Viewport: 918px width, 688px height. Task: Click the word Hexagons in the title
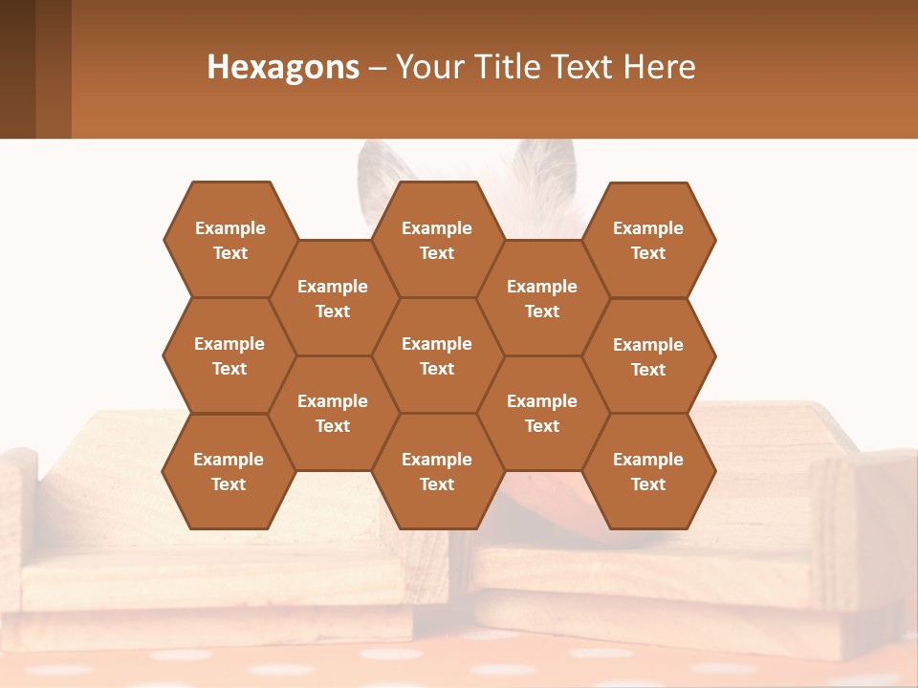pyautogui.click(x=283, y=67)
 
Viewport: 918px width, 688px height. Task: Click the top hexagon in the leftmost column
pyautogui.click(x=229, y=240)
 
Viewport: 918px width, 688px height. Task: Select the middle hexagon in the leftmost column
pyautogui.click(x=229, y=355)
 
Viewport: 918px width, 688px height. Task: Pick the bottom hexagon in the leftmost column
pyautogui.click(x=229, y=471)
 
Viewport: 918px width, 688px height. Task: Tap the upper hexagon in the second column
pyautogui.click(x=333, y=298)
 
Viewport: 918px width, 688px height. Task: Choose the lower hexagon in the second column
pyautogui.click(x=333, y=413)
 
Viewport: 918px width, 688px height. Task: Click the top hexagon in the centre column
pyautogui.click(x=437, y=240)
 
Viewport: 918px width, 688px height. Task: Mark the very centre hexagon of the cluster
pyautogui.click(x=437, y=355)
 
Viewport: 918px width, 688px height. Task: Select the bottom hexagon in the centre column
pyautogui.click(x=437, y=471)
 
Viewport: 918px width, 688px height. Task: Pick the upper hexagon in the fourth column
pyautogui.click(x=542, y=298)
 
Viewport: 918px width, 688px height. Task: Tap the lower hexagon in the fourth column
pyautogui.click(x=542, y=413)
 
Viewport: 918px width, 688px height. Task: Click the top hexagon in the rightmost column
pyautogui.click(x=648, y=240)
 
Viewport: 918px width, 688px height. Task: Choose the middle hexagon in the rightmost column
pyautogui.click(x=648, y=356)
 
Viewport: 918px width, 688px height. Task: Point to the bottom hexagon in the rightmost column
pyautogui.click(x=648, y=471)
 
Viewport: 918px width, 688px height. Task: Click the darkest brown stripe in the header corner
pyautogui.click(x=17, y=69)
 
